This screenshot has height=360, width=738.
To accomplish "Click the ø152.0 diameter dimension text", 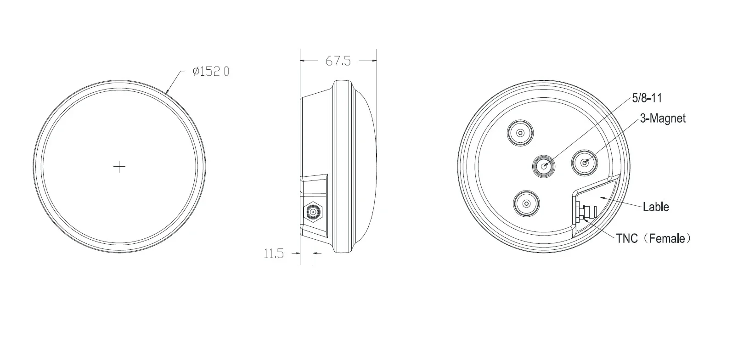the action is coord(211,72).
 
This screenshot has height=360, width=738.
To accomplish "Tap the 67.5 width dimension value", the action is coord(338,61).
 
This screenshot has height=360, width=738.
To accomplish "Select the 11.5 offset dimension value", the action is coord(273,253).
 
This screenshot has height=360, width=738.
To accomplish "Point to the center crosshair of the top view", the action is coord(119,167).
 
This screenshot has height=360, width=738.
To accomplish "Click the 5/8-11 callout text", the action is coord(647,98).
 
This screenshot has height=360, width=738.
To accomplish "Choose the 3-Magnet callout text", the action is coord(663,118).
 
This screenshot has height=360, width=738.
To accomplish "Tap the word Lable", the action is coord(656,207).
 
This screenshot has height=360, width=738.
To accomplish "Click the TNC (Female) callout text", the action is coord(653,238).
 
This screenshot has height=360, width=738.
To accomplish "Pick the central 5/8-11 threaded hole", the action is coord(544,166).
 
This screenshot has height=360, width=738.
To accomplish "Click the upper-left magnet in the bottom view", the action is coord(520,133).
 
